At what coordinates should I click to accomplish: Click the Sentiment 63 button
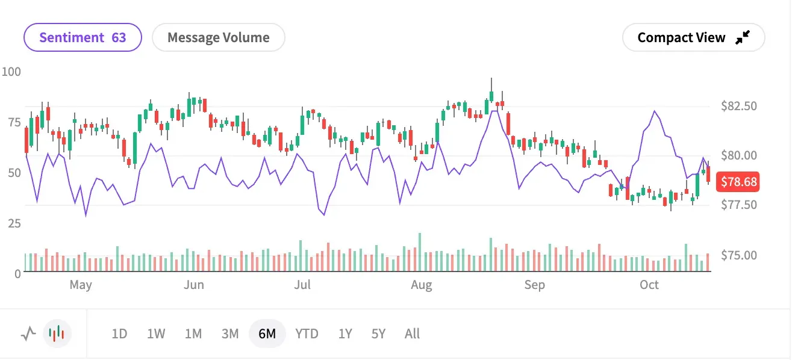point(83,37)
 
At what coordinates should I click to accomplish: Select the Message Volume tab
point(218,37)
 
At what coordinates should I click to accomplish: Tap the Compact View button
point(693,37)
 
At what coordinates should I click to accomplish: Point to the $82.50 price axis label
point(739,106)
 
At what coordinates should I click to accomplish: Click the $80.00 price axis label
point(739,156)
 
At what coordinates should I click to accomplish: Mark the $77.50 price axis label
point(739,205)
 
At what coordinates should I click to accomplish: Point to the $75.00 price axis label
point(739,255)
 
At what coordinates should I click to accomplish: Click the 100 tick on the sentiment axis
point(11,72)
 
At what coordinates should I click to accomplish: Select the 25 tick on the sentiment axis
point(14,223)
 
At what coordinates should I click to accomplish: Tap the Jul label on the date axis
point(302,285)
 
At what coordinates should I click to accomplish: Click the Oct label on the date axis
point(649,285)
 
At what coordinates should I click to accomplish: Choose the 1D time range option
point(119,334)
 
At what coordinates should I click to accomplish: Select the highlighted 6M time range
point(267,334)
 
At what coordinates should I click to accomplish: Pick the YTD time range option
point(307,334)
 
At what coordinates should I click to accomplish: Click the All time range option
point(412,334)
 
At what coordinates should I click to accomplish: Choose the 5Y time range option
point(378,334)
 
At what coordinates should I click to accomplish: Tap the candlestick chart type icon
point(57,333)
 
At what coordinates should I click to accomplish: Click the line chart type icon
point(28,333)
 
